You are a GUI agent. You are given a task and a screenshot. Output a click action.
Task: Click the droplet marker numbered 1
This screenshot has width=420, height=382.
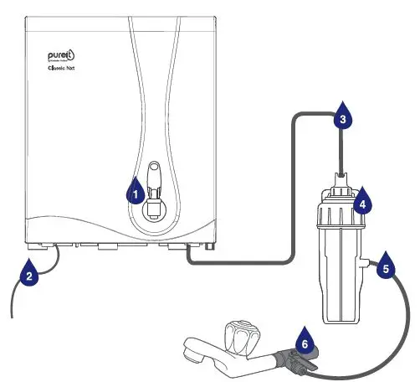(134, 192)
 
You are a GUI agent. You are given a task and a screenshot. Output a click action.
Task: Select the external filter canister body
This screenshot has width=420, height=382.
(340, 268)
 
